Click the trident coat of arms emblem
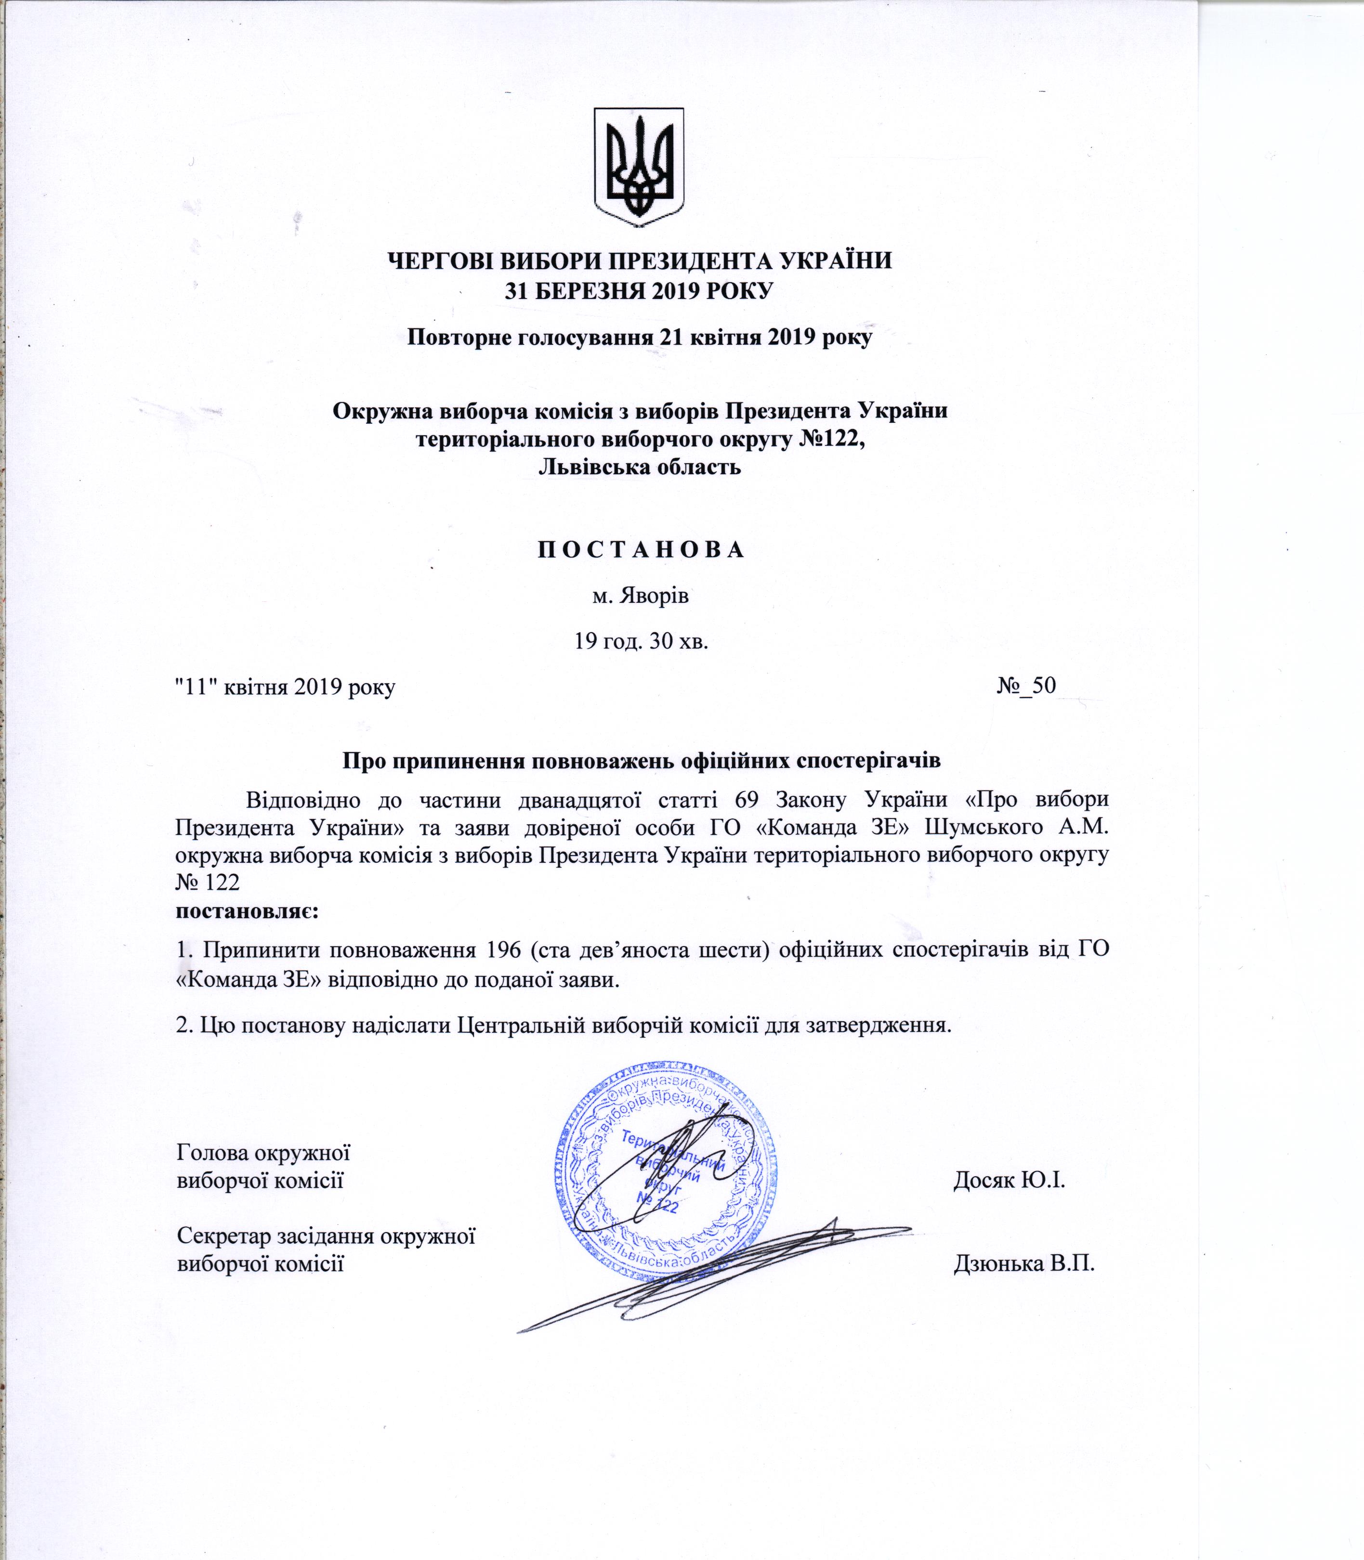[639, 167]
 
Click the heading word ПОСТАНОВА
[641, 550]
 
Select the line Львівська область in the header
[640, 467]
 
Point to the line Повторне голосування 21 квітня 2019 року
[640, 337]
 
